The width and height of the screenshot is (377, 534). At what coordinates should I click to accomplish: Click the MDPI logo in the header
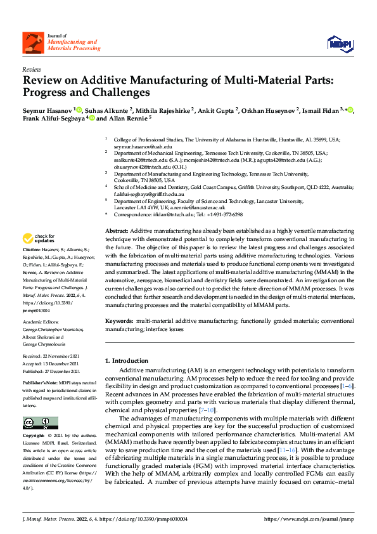click(x=340, y=42)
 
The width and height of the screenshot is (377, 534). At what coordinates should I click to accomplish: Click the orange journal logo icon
click(x=34, y=43)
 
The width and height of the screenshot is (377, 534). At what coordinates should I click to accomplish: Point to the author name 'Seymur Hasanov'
click(x=48, y=110)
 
